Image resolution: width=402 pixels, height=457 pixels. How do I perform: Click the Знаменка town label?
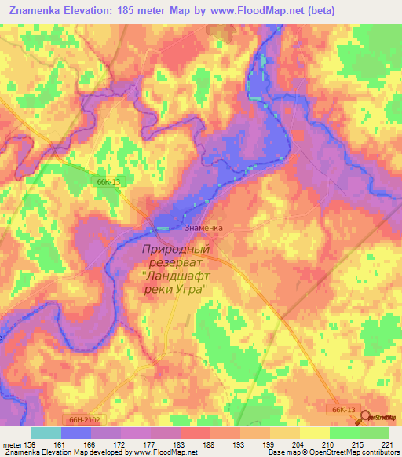pyautogui.click(x=203, y=228)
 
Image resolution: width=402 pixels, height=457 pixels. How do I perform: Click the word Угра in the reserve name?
pyautogui.click(x=192, y=290)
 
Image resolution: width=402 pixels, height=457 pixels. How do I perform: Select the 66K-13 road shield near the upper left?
pyautogui.click(x=108, y=181)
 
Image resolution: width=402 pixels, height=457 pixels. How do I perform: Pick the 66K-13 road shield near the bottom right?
pyautogui.click(x=344, y=409)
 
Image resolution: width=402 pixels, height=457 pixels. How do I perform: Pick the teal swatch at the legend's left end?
pyautogui.click(x=46, y=433)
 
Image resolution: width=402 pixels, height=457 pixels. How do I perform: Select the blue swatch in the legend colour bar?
pyautogui.click(x=76, y=433)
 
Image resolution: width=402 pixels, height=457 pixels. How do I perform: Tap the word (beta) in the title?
pyautogui.click(x=316, y=10)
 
